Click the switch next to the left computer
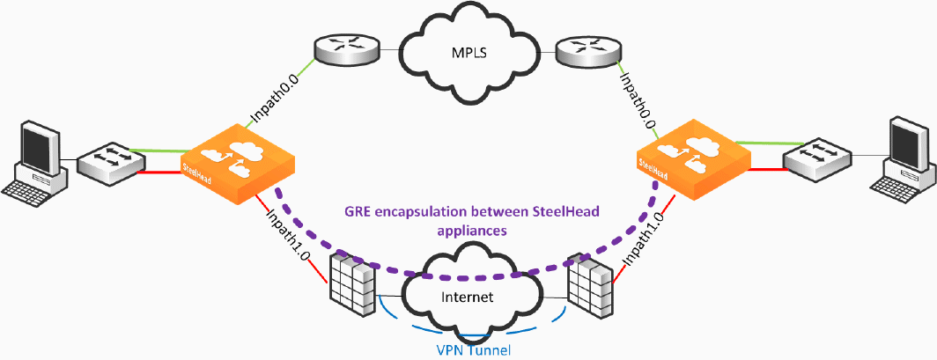109,165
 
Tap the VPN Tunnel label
475,349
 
